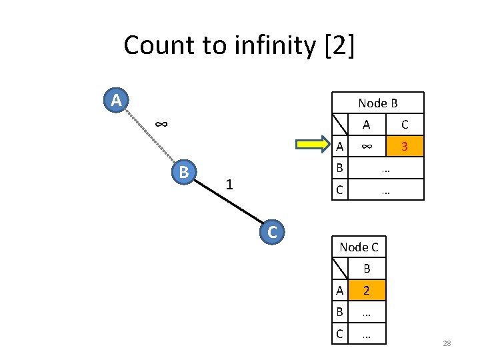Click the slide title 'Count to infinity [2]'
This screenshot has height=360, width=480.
click(x=239, y=45)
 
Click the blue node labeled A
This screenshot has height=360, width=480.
click(x=116, y=101)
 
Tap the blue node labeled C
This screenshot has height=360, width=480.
click(x=271, y=232)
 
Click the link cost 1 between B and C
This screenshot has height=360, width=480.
click(x=229, y=184)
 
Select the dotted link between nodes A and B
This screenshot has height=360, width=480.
click(x=149, y=136)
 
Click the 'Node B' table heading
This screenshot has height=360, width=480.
click(x=377, y=103)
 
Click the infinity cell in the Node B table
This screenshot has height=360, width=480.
click(x=366, y=146)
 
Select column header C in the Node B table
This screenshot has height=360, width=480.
click(x=405, y=124)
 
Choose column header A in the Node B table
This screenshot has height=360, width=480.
click(x=366, y=124)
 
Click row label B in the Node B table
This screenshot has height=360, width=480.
click(x=339, y=168)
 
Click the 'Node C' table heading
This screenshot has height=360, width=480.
click(x=359, y=247)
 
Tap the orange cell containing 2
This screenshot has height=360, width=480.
click(x=367, y=290)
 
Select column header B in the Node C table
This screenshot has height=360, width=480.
click(x=367, y=269)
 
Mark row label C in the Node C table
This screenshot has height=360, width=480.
click(x=339, y=334)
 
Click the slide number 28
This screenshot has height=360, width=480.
click(x=447, y=343)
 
